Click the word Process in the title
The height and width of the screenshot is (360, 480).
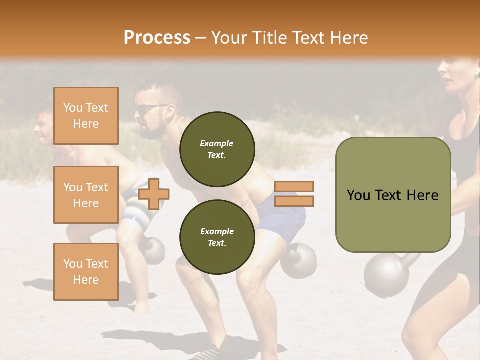[x=157, y=38]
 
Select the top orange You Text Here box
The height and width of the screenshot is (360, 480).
[x=86, y=116]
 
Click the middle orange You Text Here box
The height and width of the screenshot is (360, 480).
[x=86, y=195]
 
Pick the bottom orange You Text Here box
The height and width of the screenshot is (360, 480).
[x=86, y=271]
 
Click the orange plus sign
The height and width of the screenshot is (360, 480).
[x=153, y=193]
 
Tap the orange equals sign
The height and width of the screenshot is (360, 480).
[x=294, y=194]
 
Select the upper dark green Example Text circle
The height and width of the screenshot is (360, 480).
[x=217, y=149]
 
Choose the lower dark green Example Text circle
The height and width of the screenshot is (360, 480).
[x=217, y=237]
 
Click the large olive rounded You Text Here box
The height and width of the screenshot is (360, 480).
[x=393, y=194]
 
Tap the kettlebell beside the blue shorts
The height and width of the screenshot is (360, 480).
[x=299, y=260]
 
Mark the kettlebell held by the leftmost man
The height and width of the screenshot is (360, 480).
[x=152, y=250]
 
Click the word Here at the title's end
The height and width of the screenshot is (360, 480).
[x=348, y=38]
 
